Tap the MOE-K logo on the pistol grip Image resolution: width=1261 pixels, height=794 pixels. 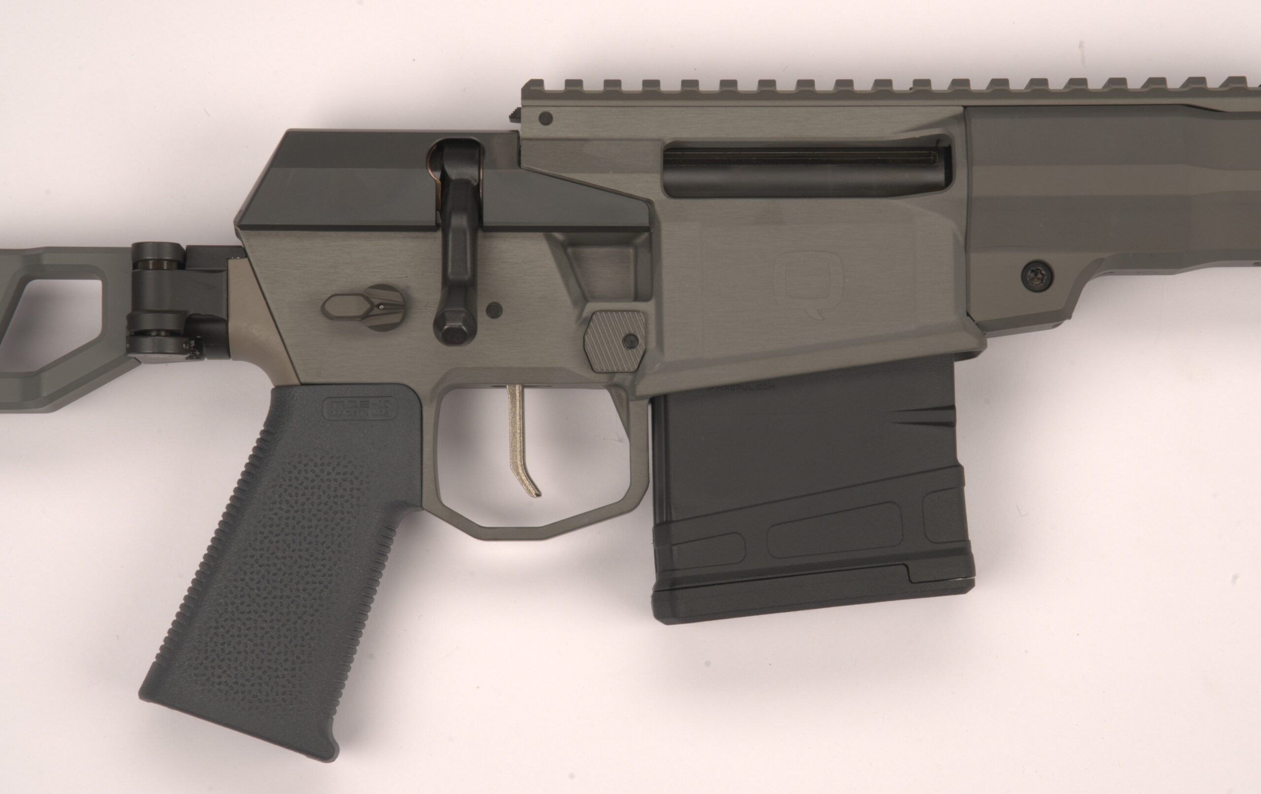pos(361,408)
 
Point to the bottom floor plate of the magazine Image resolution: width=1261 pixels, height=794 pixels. pos(812,602)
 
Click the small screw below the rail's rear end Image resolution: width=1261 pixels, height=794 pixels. pos(546,118)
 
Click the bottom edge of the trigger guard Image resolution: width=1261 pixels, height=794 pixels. pos(524,524)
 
